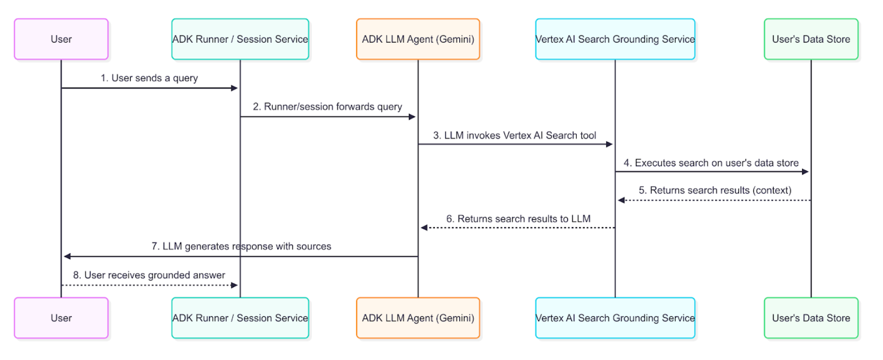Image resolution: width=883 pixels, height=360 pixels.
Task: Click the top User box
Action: point(61,39)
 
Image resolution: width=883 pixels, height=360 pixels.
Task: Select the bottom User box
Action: point(61,318)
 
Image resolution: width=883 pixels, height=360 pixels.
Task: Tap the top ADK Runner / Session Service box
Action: point(240,39)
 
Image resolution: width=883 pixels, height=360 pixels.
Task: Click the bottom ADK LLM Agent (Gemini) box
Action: point(418,318)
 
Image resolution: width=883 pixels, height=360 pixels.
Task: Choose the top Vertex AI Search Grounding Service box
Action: point(615,39)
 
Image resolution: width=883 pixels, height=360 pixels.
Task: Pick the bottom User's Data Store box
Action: point(811,318)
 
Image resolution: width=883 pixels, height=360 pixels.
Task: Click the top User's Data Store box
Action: point(811,39)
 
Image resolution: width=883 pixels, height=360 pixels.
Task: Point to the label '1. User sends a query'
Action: point(149,78)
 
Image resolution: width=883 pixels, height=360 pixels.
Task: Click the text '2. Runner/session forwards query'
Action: point(328,106)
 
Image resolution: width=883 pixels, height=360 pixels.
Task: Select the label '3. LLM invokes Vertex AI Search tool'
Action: point(514,135)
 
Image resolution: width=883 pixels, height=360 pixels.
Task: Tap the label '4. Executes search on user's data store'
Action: point(711,163)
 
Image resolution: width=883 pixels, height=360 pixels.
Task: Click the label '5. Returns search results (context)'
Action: point(715,190)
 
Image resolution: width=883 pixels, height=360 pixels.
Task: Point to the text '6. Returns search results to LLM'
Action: point(518,219)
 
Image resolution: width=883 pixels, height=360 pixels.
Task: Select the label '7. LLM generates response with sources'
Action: point(241,246)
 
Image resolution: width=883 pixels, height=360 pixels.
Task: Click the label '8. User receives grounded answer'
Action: point(149,275)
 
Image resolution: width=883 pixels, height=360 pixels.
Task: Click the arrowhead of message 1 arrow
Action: point(234,88)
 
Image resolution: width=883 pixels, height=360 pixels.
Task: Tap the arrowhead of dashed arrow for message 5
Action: point(621,200)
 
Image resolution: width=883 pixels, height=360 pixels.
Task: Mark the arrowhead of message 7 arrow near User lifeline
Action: point(67,256)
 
